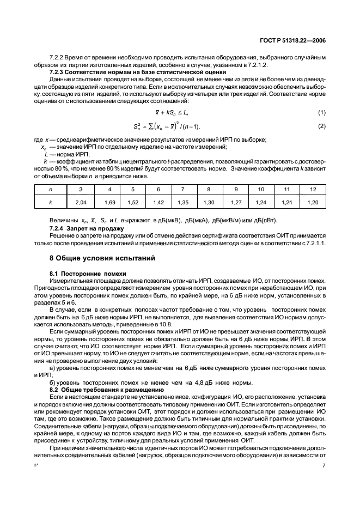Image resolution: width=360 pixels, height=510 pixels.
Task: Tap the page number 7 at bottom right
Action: [x=324, y=481]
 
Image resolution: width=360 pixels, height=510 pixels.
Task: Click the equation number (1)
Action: [x=322, y=113]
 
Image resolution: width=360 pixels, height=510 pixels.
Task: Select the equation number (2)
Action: [x=322, y=126]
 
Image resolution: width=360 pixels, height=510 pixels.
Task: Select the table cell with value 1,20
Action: [x=312, y=202]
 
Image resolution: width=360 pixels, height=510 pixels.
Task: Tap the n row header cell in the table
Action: [x=50, y=189]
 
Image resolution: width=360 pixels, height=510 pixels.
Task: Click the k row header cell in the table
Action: [x=50, y=202]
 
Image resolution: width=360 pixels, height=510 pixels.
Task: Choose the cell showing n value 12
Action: [x=312, y=189]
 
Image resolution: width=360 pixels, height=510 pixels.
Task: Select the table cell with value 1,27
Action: [x=235, y=202]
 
